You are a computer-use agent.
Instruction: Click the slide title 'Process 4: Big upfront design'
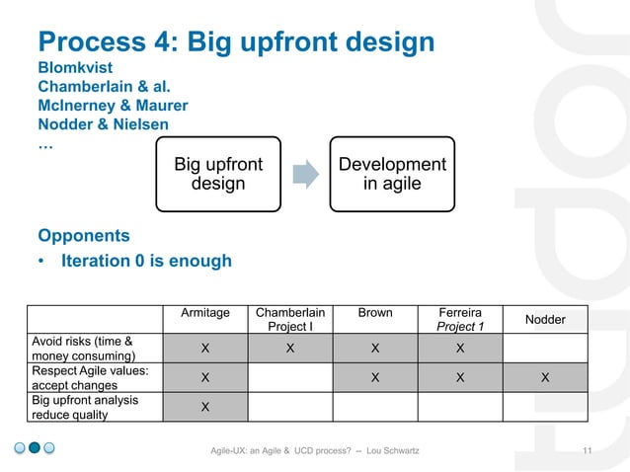(x=236, y=42)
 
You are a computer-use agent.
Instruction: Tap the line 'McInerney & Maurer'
(x=113, y=106)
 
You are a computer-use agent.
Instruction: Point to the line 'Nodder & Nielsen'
(x=104, y=124)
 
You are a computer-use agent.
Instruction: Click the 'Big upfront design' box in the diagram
(x=218, y=174)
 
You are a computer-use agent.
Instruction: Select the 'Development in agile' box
(x=392, y=174)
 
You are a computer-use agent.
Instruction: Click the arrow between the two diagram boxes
(x=306, y=174)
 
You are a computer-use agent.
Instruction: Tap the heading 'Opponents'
(x=83, y=236)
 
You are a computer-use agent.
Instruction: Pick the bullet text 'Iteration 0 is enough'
(x=146, y=262)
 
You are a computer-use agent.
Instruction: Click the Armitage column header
(x=204, y=313)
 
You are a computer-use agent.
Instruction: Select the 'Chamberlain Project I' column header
(x=289, y=319)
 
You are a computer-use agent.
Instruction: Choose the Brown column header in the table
(x=374, y=313)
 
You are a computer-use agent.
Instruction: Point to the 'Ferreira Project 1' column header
(x=460, y=319)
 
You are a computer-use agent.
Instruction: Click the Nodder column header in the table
(x=545, y=320)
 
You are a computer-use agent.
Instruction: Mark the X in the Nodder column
(x=545, y=377)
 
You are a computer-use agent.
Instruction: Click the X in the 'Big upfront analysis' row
(x=204, y=407)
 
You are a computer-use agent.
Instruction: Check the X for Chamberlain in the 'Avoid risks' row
(x=289, y=349)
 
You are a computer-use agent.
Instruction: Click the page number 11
(x=588, y=451)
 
